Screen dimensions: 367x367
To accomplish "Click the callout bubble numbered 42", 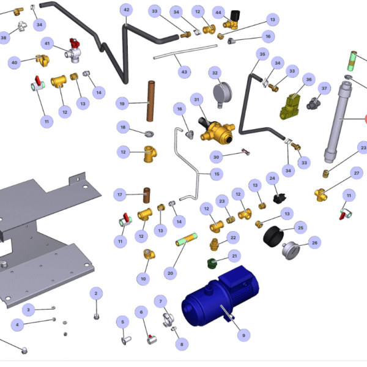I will pos(127,10).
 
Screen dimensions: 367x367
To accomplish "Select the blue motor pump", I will pos(217,297).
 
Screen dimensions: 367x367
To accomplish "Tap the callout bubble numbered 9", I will pos(243,335).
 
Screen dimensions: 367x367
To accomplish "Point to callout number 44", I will pos(218,12).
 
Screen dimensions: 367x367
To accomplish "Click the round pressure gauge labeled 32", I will pos(221,93).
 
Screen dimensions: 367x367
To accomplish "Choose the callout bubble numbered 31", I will pos(196,99).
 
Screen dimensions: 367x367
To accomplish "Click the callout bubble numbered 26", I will pos(314,243).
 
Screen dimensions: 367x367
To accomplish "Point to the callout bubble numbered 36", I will pos(308,80).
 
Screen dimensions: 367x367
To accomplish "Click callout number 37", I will pos(325,88).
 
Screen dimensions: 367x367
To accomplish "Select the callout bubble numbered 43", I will pos(183,72).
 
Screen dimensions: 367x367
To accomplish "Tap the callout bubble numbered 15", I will pos(216,174).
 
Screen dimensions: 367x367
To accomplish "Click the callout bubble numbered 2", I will pos(96,294).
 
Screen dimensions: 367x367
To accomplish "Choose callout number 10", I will pos(144,278).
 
